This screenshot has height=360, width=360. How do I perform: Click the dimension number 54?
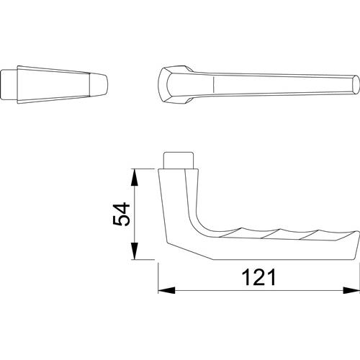(x=122, y=214)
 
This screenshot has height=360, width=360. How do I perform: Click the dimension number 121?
(x=258, y=278)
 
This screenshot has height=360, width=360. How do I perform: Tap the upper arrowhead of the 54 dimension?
(x=135, y=178)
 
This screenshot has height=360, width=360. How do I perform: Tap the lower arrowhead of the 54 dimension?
(x=135, y=251)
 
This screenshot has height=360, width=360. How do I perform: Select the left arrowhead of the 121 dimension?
(x=166, y=290)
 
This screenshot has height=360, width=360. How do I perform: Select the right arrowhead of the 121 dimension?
(x=351, y=290)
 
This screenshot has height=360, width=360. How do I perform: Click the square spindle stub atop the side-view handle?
(x=179, y=161)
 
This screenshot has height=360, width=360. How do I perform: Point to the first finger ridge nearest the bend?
(x=233, y=233)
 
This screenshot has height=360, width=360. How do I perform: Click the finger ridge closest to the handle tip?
(x=310, y=235)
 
